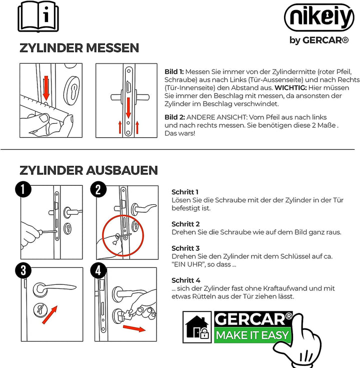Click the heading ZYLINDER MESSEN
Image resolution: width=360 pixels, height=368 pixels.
click(x=79, y=48)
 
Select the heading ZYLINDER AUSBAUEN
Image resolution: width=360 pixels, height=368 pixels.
click(x=88, y=170)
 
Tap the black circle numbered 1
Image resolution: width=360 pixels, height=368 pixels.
click(x=23, y=190)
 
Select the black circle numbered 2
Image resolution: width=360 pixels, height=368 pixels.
click(x=98, y=190)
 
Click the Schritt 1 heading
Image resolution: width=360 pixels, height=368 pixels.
click(x=185, y=192)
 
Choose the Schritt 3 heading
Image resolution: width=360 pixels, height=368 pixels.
click(x=185, y=248)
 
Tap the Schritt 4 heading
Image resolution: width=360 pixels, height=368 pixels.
click(x=185, y=280)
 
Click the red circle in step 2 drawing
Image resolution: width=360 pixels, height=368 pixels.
click(x=122, y=235)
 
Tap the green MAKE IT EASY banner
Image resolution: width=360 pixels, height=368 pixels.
click(x=252, y=335)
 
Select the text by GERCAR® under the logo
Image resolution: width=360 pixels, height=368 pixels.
click(x=318, y=41)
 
